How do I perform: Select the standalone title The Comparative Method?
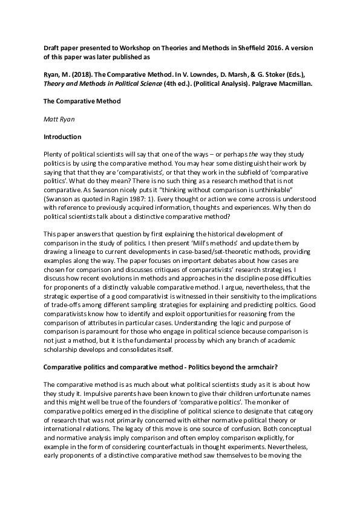click(x=82, y=101)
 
